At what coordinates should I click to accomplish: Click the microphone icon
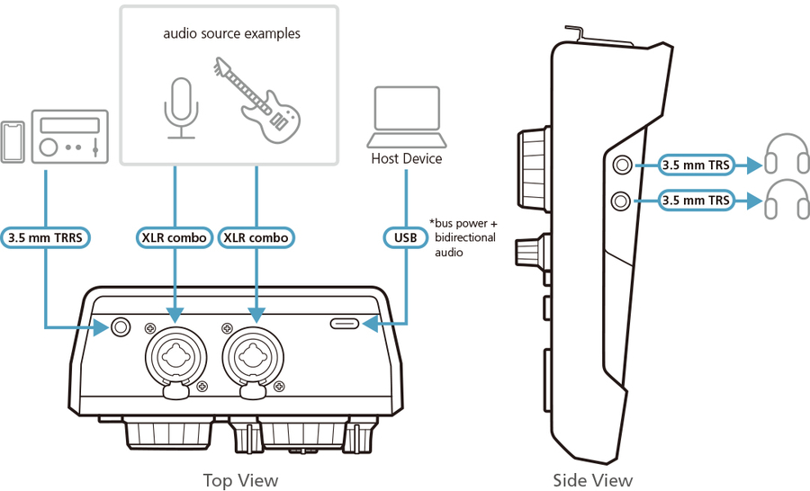(183, 108)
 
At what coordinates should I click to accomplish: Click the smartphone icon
(13, 140)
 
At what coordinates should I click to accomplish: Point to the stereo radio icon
(70, 137)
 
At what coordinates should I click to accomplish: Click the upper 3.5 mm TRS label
(696, 165)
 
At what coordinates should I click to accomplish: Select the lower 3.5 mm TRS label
(696, 201)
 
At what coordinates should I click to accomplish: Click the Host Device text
(407, 159)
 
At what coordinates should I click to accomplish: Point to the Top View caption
(240, 480)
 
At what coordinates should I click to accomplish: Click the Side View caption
(592, 480)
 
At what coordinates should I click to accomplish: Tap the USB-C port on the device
(347, 324)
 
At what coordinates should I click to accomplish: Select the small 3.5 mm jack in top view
(120, 328)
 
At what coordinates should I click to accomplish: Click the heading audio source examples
(231, 33)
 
